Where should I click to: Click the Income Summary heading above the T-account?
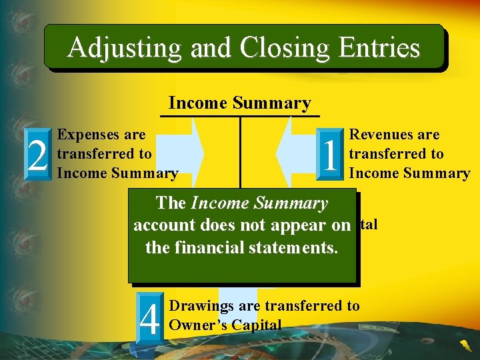tap(239, 103)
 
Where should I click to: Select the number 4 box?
tap(150, 318)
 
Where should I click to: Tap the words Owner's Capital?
tap(225, 325)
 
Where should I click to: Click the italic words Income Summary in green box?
tap(259, 203)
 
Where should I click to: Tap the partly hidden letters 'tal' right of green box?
tap(369, 225)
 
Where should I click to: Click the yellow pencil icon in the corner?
tap(465, 345)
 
